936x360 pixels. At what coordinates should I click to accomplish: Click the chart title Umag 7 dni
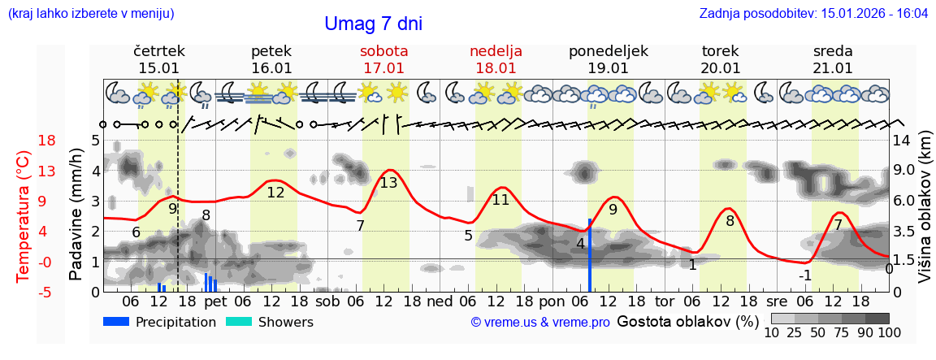pyautogui.click(x=373, y=24)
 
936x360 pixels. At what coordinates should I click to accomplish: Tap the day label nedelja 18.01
pyautogui.click(x=496, y=59)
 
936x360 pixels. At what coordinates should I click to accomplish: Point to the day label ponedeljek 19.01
pyautogui.click(x=609, y=59)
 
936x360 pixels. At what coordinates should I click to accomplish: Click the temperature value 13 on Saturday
pyautogui.click(x=388, y=183)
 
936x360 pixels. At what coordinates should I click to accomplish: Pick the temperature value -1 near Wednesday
pyautogui.click(x=804, y=275)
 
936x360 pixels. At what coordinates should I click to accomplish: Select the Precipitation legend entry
pyautogui.click(x=159, y=322)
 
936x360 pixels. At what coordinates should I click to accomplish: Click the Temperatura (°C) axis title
pyautogui.click(x=24, y=215)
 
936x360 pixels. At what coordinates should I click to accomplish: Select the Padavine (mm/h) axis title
pyautogui.click(x=77, y=215)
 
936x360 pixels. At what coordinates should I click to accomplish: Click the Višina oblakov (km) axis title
pyautogui.click(x=925, y=215)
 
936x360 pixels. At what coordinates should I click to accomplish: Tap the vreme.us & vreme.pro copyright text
pyautogui.click(x=540, y=322)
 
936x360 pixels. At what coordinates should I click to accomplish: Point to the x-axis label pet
pyautogui.click(x=215, y=301)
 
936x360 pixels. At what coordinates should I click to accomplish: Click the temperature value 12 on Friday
pyautogui.click(x=275, y=193)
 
